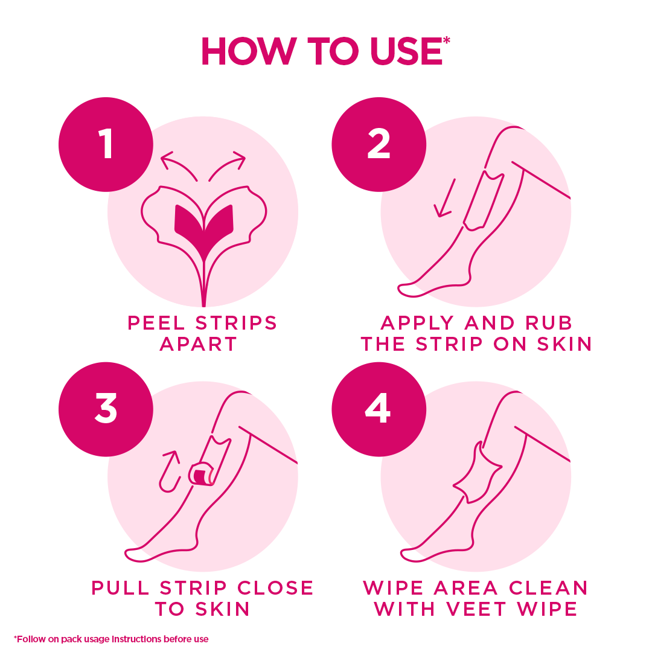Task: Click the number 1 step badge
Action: pos(106,144)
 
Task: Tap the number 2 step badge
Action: pos(379,144)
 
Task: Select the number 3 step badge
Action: pos(106,409)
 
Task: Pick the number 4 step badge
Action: pos(379,409)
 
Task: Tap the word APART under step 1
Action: pos(199,344)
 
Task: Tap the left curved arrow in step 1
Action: pos(177,165)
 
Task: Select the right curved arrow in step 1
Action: pos(228,165)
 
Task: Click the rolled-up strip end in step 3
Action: pos(202,475)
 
